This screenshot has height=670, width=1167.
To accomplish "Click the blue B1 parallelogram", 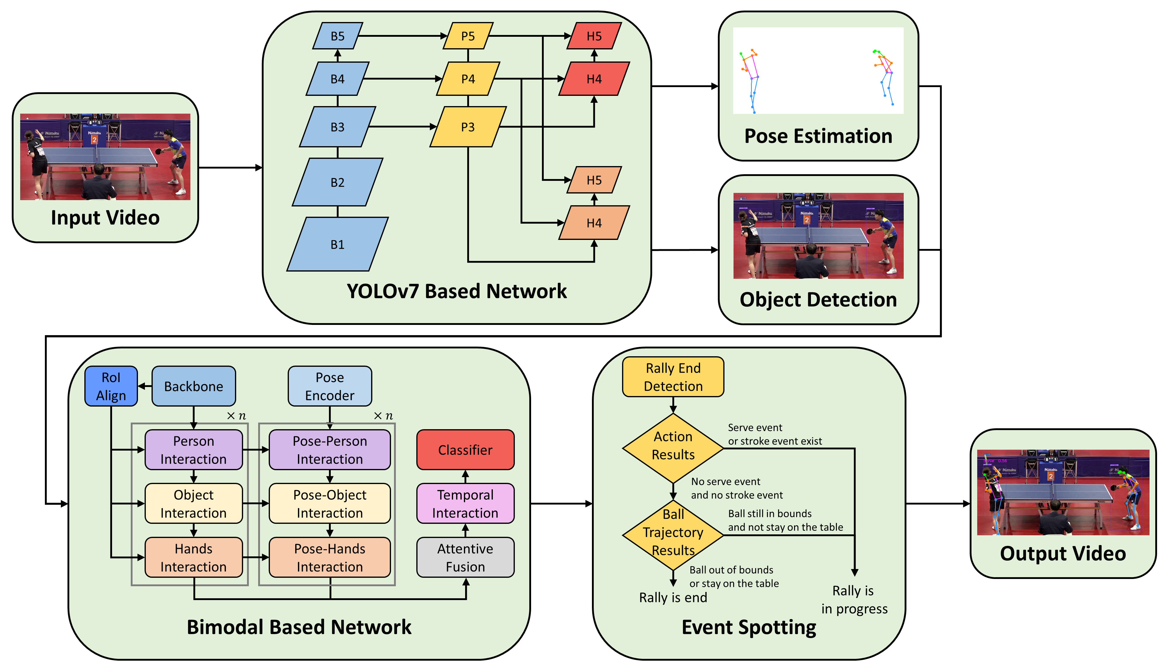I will (x=337, y=244).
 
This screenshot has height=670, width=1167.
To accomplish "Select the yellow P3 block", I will (x=468, y=127).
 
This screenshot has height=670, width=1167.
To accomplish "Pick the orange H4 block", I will (x=594, y=223).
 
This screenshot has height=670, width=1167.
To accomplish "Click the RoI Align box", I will (x=111, y=386).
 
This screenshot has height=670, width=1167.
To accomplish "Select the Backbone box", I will (x=194, y=386).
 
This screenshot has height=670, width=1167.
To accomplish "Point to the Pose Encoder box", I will (x=330, y=386).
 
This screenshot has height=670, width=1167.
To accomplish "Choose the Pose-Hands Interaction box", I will (x=330, y=557).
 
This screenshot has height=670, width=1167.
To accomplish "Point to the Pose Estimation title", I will (x=818, y=136).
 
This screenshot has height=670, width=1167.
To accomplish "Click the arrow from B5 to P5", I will (x=402, y=36).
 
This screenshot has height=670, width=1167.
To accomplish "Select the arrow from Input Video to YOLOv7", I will (x=230, y=168).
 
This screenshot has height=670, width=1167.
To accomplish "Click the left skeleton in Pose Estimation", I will (x=750, y=80).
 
